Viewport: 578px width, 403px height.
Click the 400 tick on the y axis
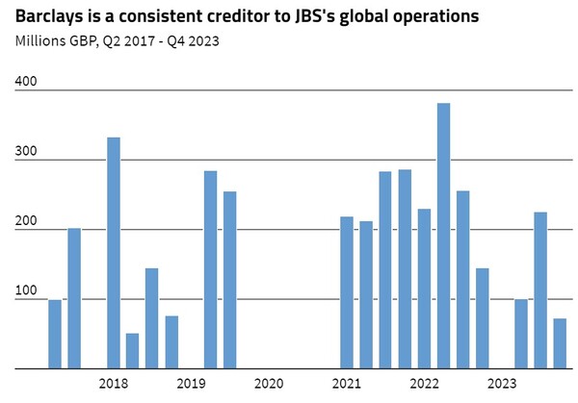pyautogui.click(x=26, y=83)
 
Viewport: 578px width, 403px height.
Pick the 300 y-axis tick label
pyautogui.click(x=26, y=152)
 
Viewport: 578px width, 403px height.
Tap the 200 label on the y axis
pyautogui.click(x=26, y=221)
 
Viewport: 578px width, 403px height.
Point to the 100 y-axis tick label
pyautogui.click(x=26, y=290)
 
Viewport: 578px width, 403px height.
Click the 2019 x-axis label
pyautogui.click(x=191, y=384)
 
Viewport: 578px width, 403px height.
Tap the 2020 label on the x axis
pyautogui.click(x=269, y=384)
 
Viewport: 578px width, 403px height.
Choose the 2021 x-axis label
pyautogui.click(x=346, y=384)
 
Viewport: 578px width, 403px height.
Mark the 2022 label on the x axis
pyautogui.click(x=424, y=384)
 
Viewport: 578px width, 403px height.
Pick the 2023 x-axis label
pyautogui.click(x=502, y=384)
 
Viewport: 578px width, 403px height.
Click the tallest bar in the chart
pyautogui.click(x=443, y=236)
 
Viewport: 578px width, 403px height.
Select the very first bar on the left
pyautogui.click(x=55, y=334)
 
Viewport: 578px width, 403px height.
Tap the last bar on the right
pyautogui.click(x=560, y=343)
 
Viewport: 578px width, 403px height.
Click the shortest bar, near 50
pyautogui.click(x=132, y=351)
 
